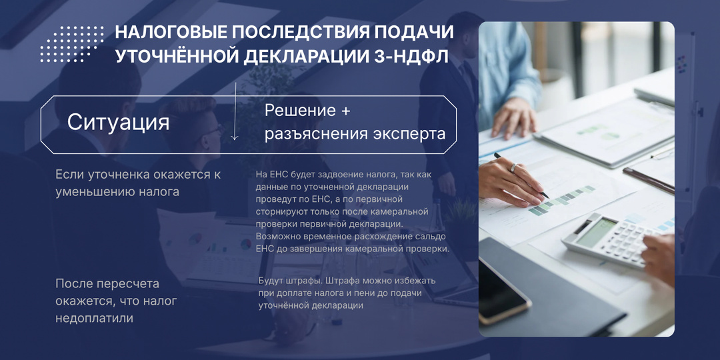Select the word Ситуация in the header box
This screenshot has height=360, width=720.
pyautogui.click(x=118, y=123)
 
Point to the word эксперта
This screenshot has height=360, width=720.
pyautogui.click(x=409, y=134)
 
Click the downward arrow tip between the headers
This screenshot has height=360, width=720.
pyautogui.click(x=235, y=138)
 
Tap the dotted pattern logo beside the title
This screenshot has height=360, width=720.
pyautogui.click(x=72, y=44)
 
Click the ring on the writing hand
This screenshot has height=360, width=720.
pyautogui.click(x=512, y=167)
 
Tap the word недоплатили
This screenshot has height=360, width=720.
pyautogui.click(x=94, y=319)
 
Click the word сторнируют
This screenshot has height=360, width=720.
pyautogui.click(x=280, y=211)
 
